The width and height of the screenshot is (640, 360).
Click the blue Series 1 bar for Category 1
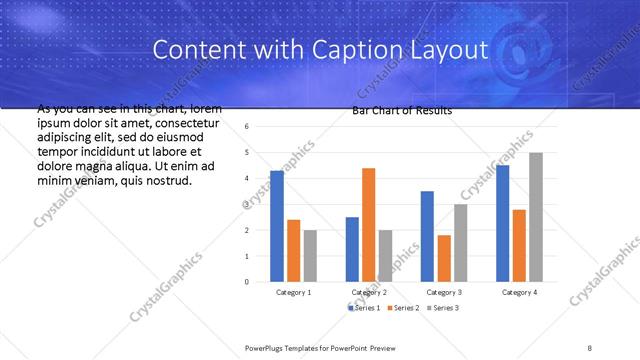coord(277,226)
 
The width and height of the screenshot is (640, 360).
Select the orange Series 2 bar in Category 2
coord(368,225)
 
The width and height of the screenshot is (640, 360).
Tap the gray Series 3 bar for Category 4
coord(536,217)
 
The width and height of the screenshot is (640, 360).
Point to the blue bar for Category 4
coord(502,223)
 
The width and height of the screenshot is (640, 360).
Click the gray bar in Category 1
coord(310,256)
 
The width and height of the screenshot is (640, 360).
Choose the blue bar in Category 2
coord(352,249)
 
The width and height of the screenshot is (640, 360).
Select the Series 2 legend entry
coord(403,307)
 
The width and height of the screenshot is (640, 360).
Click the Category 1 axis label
coord(293,292)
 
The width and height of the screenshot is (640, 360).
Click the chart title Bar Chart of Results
coord(402,111)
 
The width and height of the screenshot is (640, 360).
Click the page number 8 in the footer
coord(590,347)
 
